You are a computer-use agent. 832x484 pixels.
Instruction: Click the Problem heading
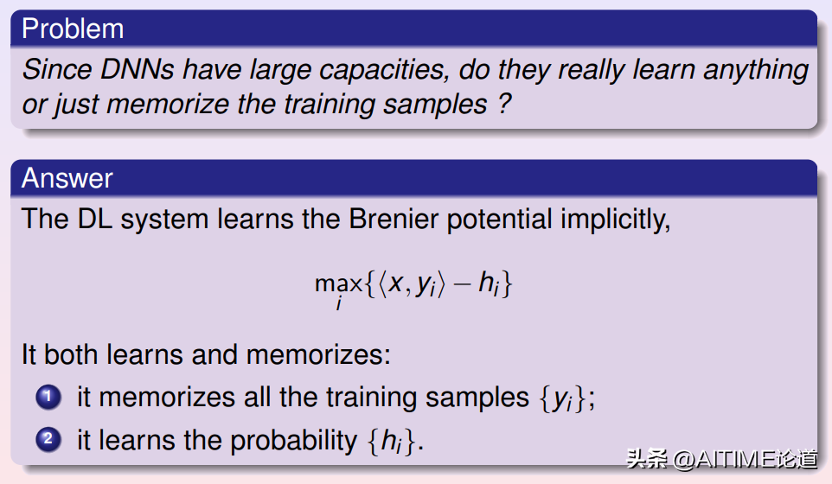(73, 29)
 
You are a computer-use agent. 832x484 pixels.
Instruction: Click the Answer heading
(67, 178)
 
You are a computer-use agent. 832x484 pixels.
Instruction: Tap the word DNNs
(137, 69)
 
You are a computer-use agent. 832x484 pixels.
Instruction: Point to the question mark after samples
(504, 103)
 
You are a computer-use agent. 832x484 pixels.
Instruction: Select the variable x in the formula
(396, 283)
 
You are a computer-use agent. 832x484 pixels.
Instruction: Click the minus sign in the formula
(462, 283)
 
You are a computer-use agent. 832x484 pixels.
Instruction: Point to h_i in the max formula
(489, 283)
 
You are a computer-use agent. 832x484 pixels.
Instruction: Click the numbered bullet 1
(48, 397)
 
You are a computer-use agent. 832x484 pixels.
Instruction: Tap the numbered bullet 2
(48, 439)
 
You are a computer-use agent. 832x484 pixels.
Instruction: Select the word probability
(294, 441)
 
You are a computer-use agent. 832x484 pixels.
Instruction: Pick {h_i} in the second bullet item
(391, 441)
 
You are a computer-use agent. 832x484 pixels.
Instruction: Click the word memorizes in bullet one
(167, 398)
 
